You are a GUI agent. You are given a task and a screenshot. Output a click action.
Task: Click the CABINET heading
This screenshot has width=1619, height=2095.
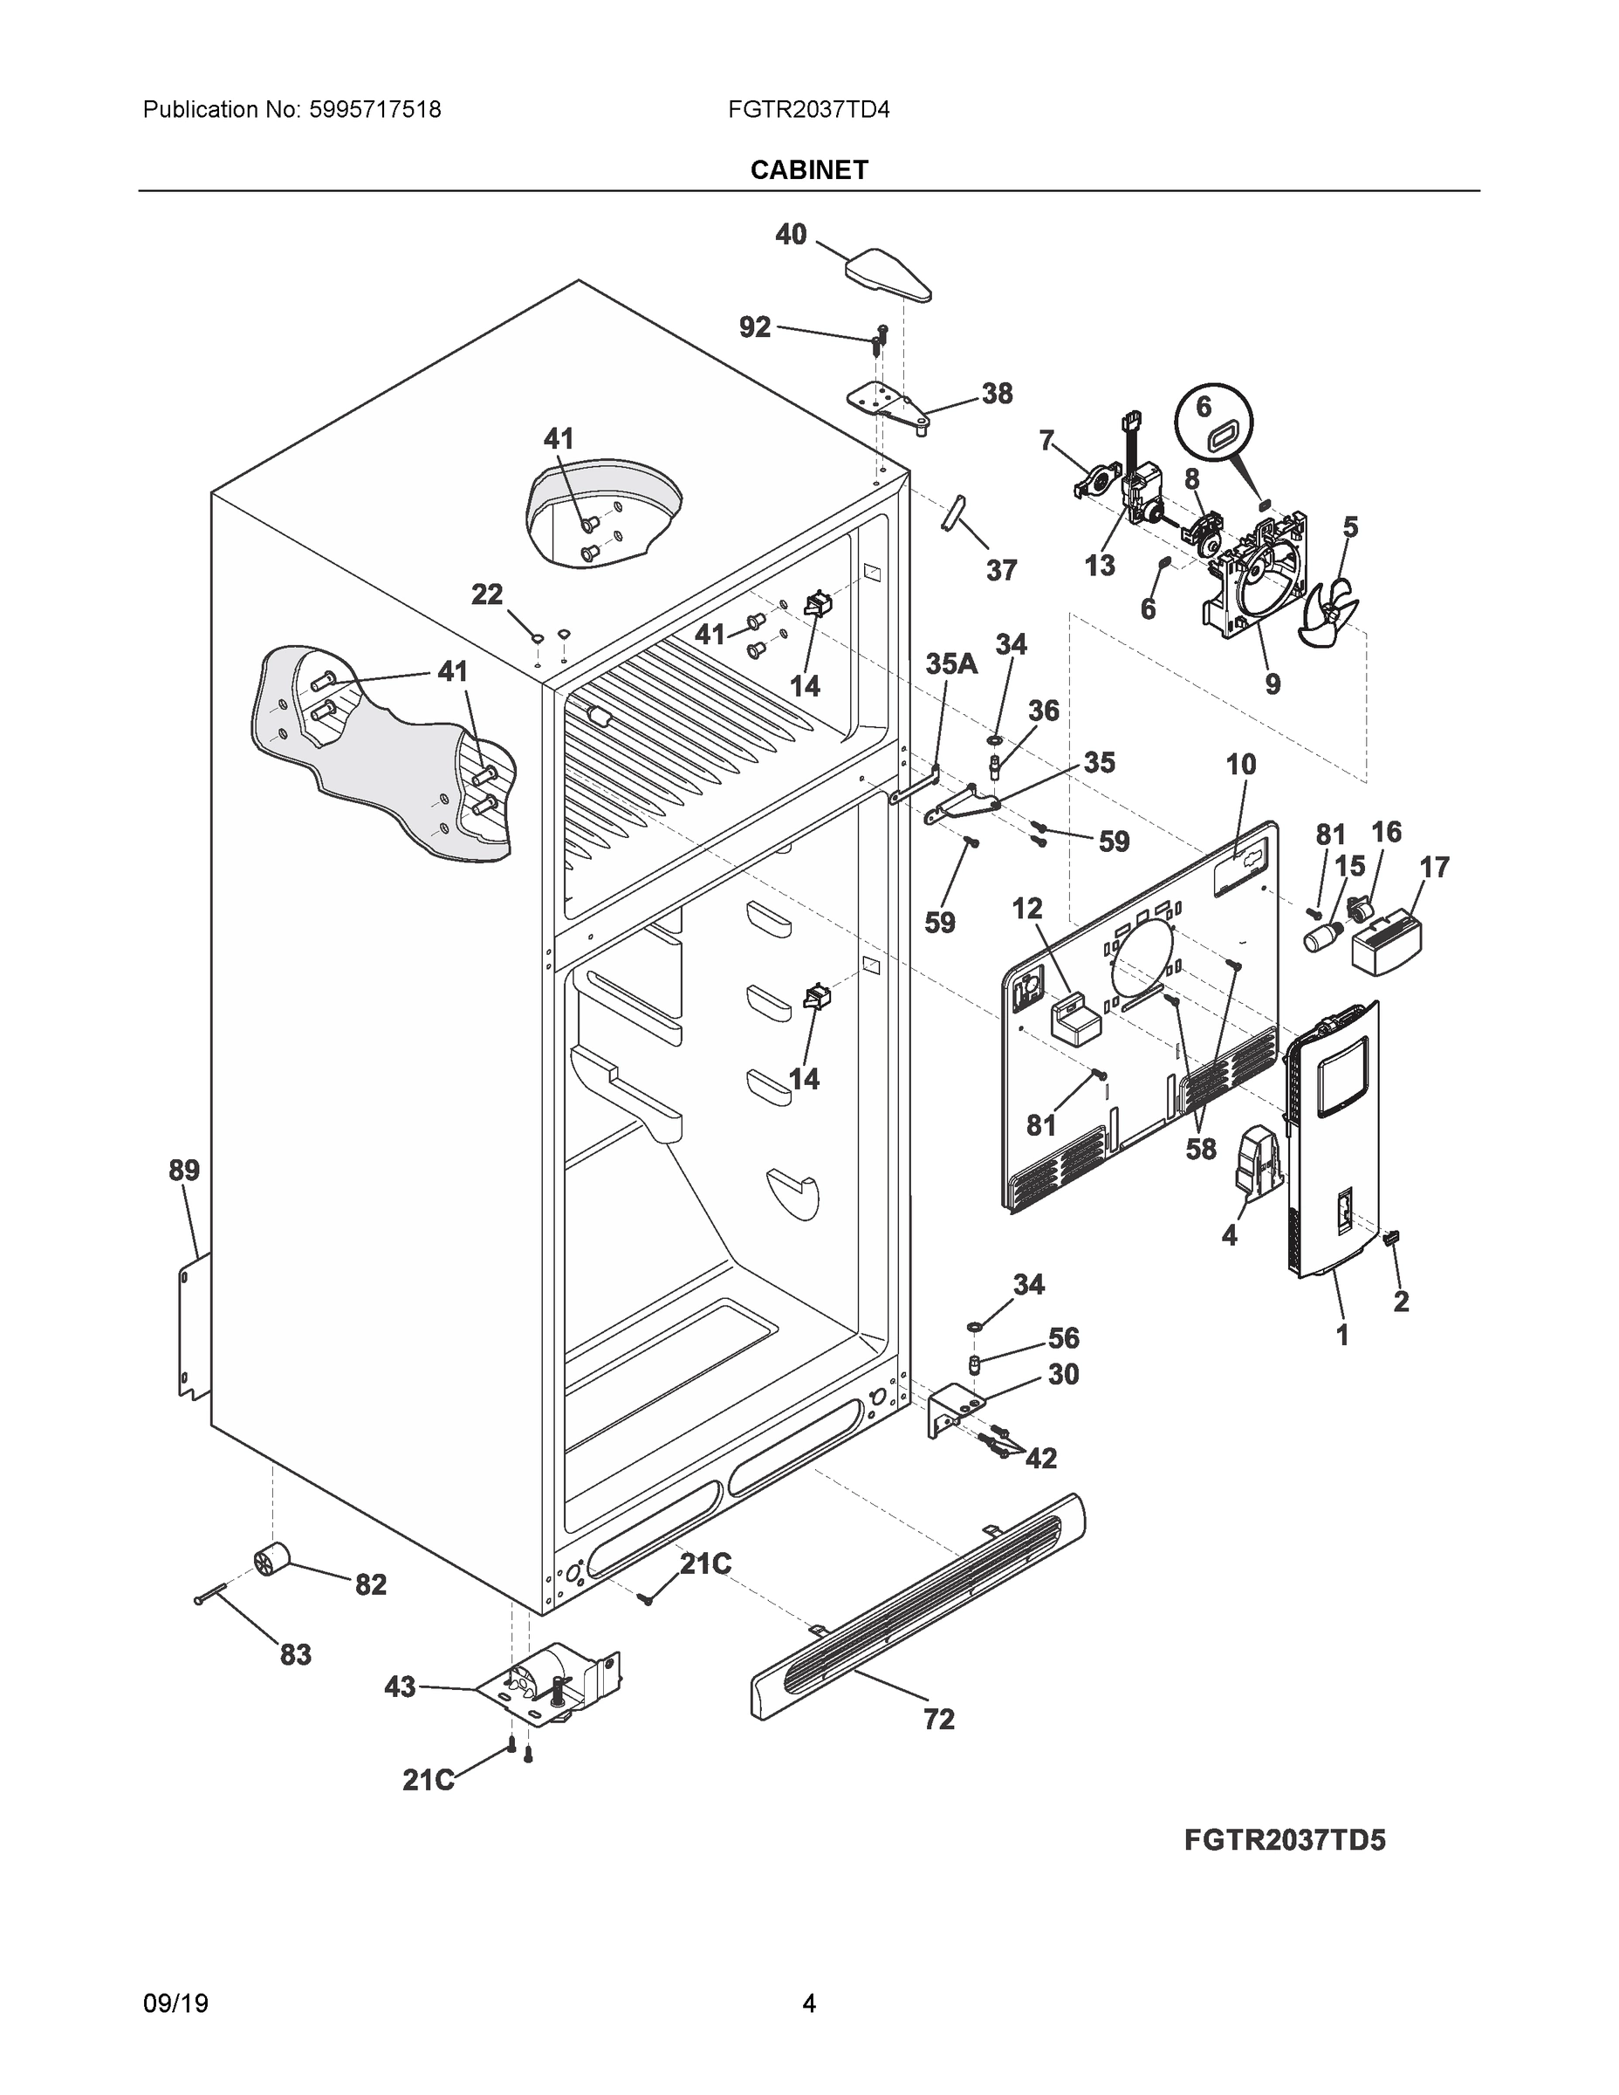pos(808,170)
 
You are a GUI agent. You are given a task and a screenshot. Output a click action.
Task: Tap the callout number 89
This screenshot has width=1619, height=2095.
pos(184,1171)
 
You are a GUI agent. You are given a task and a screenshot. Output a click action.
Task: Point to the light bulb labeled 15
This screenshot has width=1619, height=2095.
pos(1321,935)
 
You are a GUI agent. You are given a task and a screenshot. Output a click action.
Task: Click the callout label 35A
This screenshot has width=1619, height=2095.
pos(950,663)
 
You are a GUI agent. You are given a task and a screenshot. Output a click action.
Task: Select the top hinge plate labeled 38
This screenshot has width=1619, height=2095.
pos(888,405)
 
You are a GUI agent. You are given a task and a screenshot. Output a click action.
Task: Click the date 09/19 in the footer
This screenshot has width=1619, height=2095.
pos(175,2003)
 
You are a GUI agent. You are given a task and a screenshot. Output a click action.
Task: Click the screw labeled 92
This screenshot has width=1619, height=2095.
pos(880,340)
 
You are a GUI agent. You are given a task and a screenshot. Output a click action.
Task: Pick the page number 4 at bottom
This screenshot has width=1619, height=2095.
pos(808,2003)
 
